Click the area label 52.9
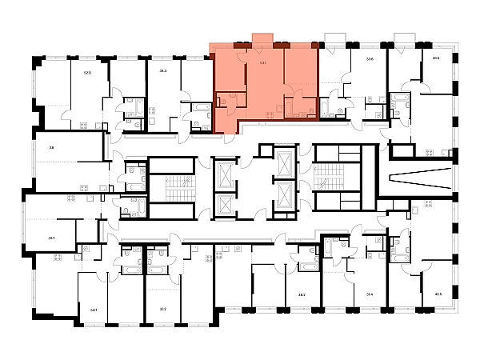point(87,72)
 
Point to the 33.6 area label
point(369,59)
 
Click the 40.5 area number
point(436,58)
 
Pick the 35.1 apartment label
point(52,238)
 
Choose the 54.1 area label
point(94,309)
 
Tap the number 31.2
point(163,309)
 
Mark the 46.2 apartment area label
point(302,294)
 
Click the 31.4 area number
point(370,294)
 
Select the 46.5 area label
point(438,294)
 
